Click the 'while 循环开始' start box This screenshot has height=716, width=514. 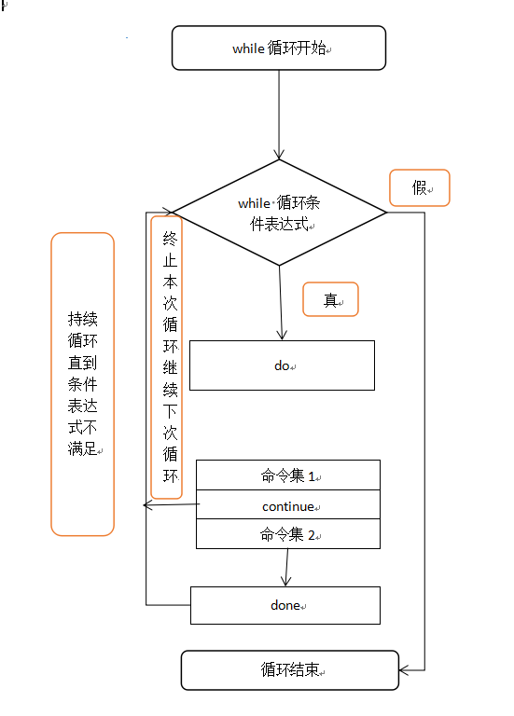(279, 48)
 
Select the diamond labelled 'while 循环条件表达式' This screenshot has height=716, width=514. (279, 213)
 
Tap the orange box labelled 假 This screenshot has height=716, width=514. (419, 187)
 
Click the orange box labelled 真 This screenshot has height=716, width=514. (330, 300)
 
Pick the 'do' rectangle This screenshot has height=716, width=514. (282, 365)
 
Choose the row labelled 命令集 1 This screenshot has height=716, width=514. (287, 475)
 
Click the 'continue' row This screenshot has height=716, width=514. (287, 506)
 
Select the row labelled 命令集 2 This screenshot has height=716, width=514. (287, 534)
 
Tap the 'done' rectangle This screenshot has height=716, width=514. (285, 605)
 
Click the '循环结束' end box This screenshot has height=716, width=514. (289, 670)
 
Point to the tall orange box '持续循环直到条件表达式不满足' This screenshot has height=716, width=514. (82, 383)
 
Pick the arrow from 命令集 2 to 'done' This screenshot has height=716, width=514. (286, 567)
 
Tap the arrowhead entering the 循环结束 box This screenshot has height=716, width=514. (405, 669)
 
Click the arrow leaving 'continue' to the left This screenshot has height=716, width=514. (170, 505)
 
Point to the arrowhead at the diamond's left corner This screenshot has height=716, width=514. (167, 212)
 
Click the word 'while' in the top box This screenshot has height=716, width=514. (249, 48)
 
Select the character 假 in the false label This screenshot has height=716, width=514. (419, 187)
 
